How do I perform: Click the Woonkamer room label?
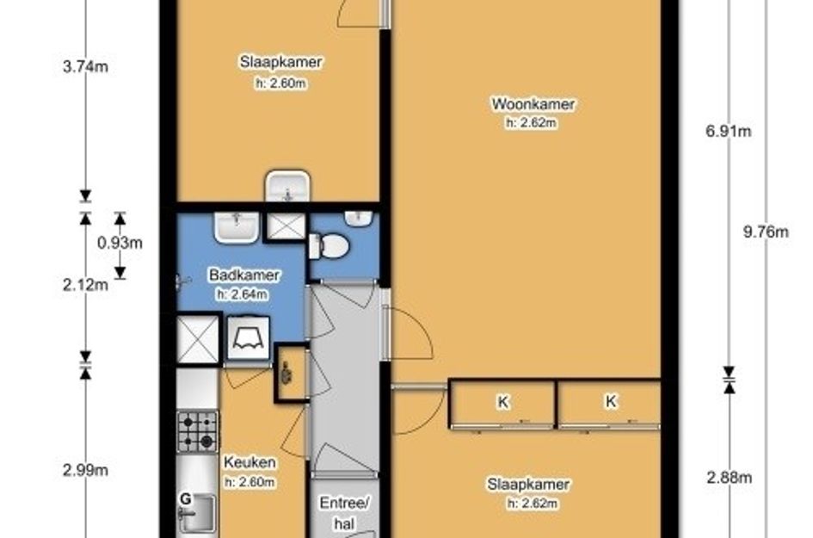pyautogui.click(x=533, y=104)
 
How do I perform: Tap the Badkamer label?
pyautogui.click(x=244, y=275)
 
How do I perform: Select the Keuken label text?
pyautogui.click(x=249, y=461)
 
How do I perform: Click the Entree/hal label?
pyautogui.click(x=344, y=512)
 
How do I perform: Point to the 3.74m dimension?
pyautogui.click(x=85, y=66)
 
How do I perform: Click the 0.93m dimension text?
pyautogui.click(x=120, y=243)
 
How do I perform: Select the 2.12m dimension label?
pyautogui.click(x=85, y=284)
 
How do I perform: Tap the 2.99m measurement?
pyautogui.click(x=85, y=470)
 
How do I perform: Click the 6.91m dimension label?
pyautogui.click(x=729, y=131)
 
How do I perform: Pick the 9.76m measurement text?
pyautogui.click(x=766, y=232)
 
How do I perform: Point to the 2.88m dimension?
pyautogui.click(x=729, y=477)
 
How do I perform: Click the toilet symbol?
pyautogui.click(x=330, y=246)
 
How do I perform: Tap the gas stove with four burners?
pyautogui.click(x=197, y=430)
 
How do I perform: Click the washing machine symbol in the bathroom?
pyautogui.click(x=249, y=338)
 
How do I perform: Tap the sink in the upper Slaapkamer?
pyautogui.click(x=287, y=186)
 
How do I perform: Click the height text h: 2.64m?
pyautogui.click(x=242, y=294)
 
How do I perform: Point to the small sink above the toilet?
pyautogui.click(x=358, y=219)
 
